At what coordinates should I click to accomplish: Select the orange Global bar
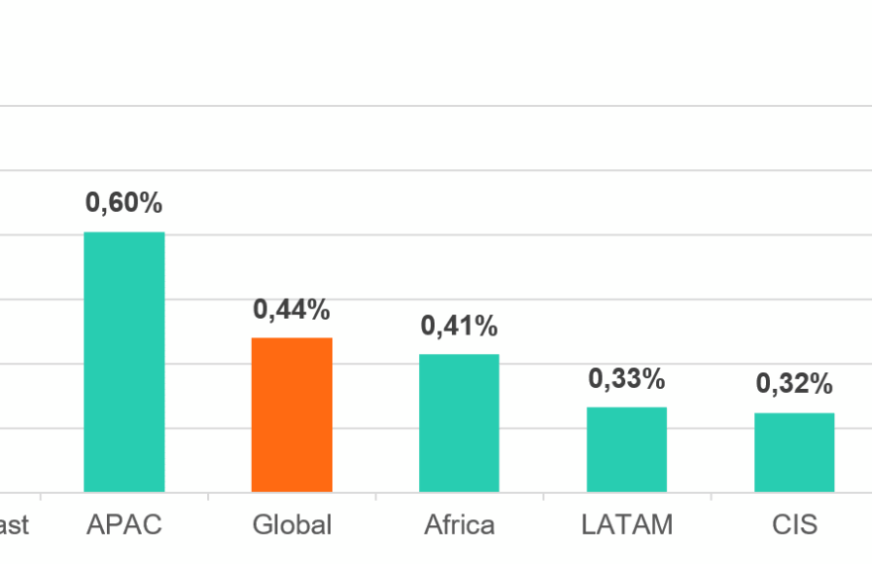[x=291, y=415]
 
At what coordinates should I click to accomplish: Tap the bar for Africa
[x=459, y=423]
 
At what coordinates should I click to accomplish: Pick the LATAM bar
[x=626, y=449]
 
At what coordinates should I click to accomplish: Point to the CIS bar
[x=794, y=452]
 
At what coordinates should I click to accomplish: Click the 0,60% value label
[x=124, y=204]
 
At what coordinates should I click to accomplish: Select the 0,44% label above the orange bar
[x=291, y=310]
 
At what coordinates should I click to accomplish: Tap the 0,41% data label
[x=459, y=326]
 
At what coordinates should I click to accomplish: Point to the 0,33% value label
[x=626, y=379]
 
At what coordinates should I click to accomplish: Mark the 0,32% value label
[x=794, y=384]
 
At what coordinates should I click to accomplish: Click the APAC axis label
[x=124, y=524]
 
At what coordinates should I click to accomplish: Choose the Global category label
[x=291, y=524]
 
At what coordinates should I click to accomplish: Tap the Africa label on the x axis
[x=459, y=524]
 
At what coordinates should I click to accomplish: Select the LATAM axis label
[x=626, y=524]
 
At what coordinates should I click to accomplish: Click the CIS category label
[x=794, y=524]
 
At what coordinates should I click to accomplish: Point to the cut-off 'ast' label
[x=14, y=524]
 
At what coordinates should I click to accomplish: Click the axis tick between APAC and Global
[x=208, y=497]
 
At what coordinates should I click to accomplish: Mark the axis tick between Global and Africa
[x=376, y=497]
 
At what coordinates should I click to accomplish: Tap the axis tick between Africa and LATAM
[x=543, y=497]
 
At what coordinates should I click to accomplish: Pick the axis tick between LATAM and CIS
[x=710, y=497]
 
